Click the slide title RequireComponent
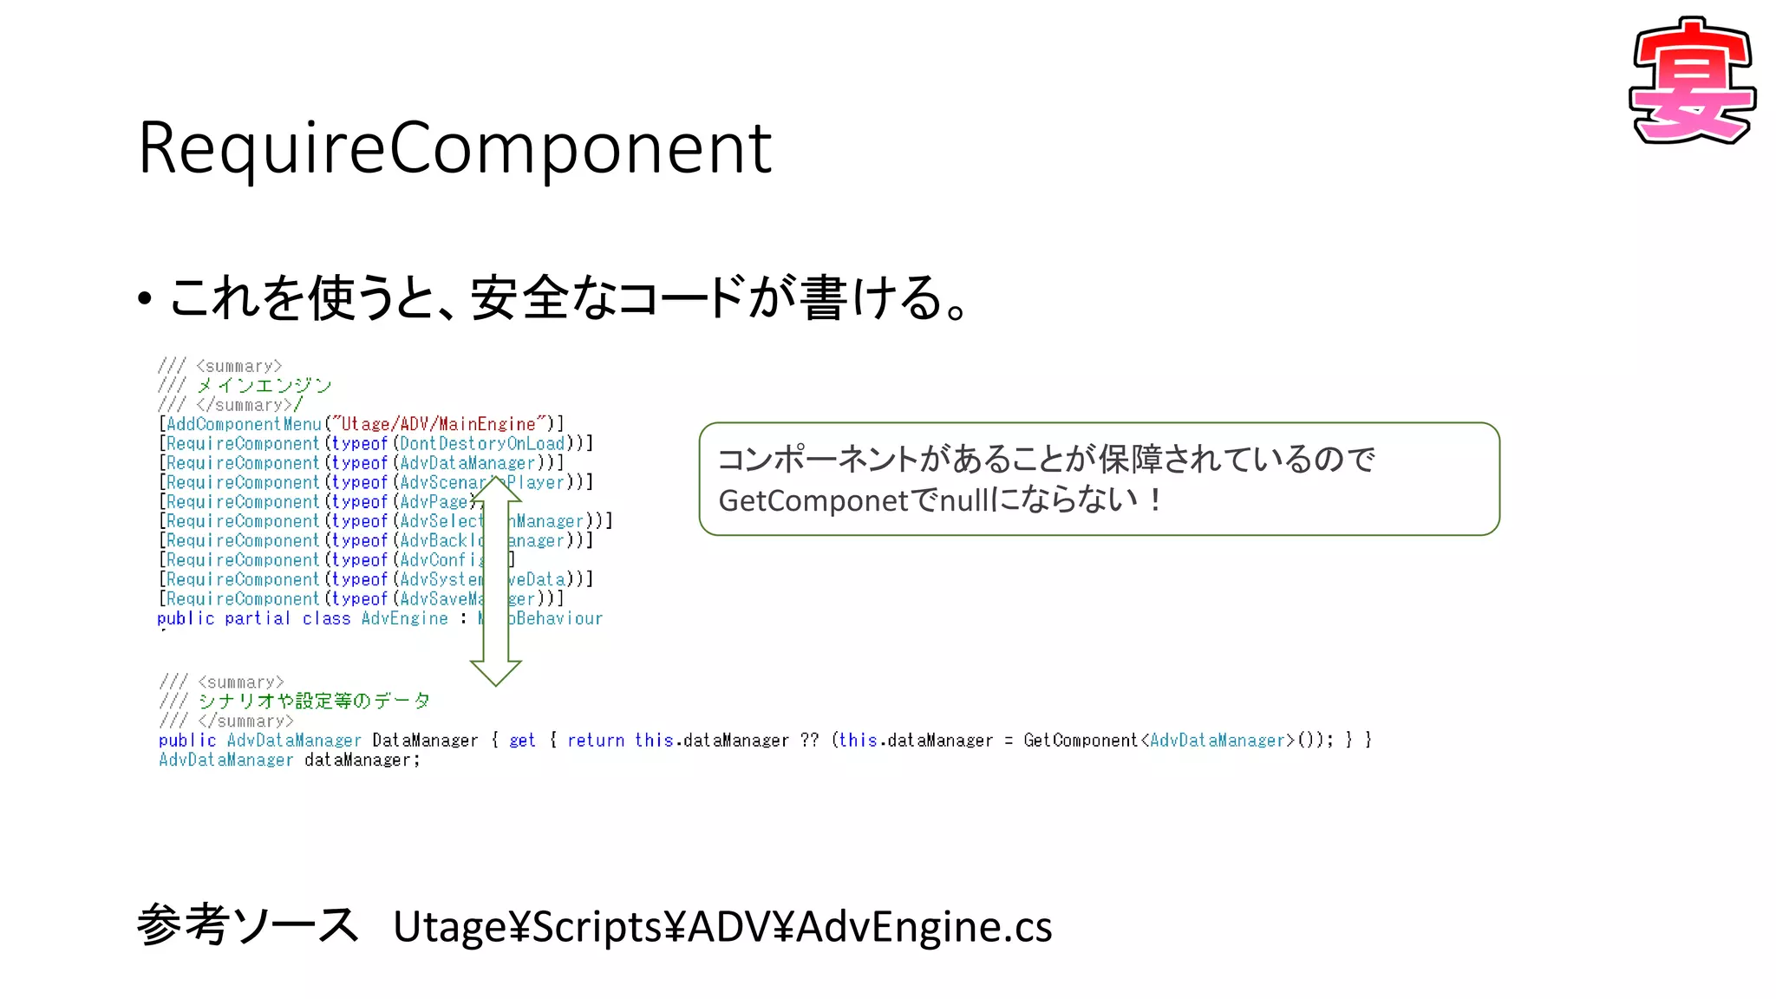point(454,148)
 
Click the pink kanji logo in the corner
point(1692,82)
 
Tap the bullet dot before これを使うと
point(145,299)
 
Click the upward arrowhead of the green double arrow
point(495,489)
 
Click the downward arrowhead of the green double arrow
point(495,672)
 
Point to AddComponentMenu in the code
point(244,424)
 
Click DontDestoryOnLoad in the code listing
point(482,443)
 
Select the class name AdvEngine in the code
point(405,618)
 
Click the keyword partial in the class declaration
point(258,618)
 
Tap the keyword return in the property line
point(596,740)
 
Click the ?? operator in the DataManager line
point(809,740)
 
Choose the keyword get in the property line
point(522,740)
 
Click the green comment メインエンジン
point(264,385)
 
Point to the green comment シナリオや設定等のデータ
point(314,701)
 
